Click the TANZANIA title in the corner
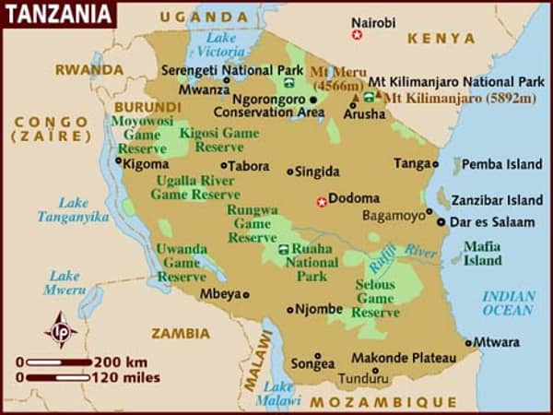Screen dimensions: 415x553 click(x=57, y=14)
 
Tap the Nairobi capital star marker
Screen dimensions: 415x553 click(x=357, y=35)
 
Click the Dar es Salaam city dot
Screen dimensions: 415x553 click(x=441, y=222)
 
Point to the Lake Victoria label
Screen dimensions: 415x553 click(x=220, y=45)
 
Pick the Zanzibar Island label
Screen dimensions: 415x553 click(x=502, y=200)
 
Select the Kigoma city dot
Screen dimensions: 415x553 click(x=118, y=160)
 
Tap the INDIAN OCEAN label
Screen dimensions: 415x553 click(x=508, y=303)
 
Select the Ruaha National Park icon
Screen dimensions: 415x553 click(x=282, y=249)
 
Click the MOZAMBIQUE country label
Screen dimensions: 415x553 click(x=382, y=402)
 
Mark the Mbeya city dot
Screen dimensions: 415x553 click(x=246, y=295)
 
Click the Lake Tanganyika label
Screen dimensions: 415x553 click(x=73, y=209)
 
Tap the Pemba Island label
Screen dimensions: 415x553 click(x=501, y=164)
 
